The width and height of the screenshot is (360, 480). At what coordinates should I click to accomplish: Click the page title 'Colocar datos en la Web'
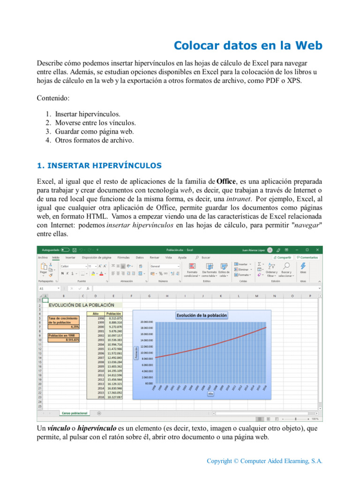248,45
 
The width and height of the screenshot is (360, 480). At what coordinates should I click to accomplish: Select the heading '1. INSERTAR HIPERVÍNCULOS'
99,165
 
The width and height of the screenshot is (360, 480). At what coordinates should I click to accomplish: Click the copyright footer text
265,461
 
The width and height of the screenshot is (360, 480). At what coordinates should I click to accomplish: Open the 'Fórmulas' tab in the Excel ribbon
123,257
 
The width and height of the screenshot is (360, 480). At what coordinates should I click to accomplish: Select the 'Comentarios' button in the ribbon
307,257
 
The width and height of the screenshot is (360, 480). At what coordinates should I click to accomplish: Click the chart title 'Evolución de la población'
202,315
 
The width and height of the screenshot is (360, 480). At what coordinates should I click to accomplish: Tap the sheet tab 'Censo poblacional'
75,413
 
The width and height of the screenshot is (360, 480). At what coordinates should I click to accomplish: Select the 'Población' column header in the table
114,314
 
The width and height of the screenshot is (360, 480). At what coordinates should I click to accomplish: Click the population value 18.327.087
114,397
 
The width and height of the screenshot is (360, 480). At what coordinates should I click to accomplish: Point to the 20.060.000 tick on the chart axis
147,322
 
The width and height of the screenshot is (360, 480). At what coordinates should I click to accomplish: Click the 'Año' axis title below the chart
210,394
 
